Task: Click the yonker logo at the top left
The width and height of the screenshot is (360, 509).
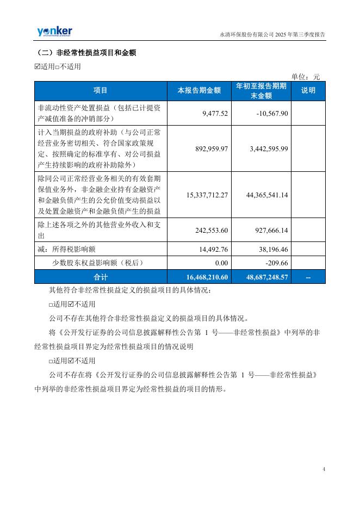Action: [x=54, y=32]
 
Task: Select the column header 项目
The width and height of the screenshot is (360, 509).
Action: [x=101, y=91]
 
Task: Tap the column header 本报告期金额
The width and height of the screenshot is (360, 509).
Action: [x=200, y=91]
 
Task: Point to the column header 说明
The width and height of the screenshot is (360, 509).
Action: [x=308, y=91]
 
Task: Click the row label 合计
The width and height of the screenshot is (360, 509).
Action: [x=101, y=277]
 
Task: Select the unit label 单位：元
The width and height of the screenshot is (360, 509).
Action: [x=306, y=77]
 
